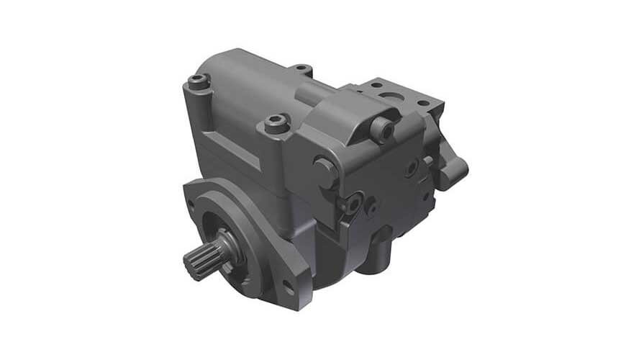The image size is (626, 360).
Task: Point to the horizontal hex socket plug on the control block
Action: (381, 130)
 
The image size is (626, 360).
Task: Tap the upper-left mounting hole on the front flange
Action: (191, 204)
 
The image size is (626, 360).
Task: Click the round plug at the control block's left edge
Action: (324, 171)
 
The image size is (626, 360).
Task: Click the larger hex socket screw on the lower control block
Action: (352, 204)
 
